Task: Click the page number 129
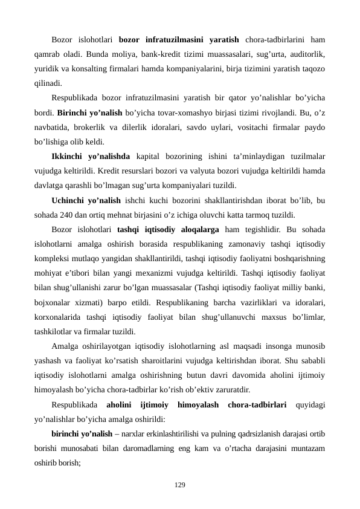click(180, 485)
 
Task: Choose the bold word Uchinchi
click(71, 199)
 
